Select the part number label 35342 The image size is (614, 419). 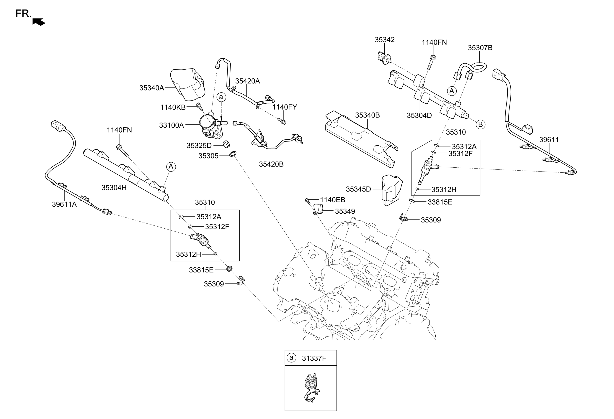pyautogui.click(x=384, y=39)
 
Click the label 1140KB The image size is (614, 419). pyautogui.click(x=173, y=107)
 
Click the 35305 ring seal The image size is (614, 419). pyautogui.click(x=233, y=154)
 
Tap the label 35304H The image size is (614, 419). pyautogui.click(x=114, y=188)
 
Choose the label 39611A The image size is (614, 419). pyautogui.click(x=64, y=204)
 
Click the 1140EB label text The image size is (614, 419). pyautogui.click(x=332, y=200)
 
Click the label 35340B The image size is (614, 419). pyautogui.click(x=367, y=115)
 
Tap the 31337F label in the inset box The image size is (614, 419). pyautogui.click(x=314, y=358)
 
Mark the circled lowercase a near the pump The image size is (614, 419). pyautogui.click(x=221, y=97)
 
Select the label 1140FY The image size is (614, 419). pyautogui.click(x=285, y=107)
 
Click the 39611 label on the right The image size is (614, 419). pyautogui.click(x=549, y=140)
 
